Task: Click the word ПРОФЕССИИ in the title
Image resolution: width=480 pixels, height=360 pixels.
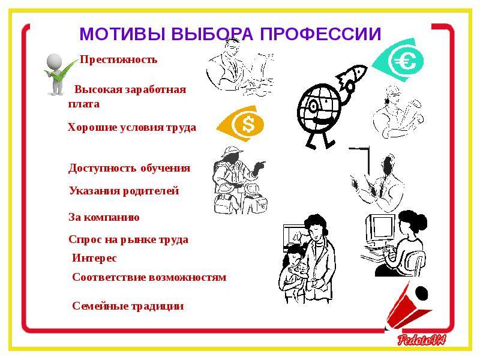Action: pos(320,34)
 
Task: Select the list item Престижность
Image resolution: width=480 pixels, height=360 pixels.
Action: pos(118,59)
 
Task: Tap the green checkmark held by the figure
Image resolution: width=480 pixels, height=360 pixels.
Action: pos(61,72)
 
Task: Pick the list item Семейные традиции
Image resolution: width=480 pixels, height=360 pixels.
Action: pos(128,306)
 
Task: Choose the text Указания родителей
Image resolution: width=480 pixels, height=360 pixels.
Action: pos(124,191)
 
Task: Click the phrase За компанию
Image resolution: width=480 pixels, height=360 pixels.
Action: pos(104,217)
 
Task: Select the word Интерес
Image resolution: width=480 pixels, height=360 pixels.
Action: pos(94,258)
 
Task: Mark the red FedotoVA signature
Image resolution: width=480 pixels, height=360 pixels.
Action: pos(422,340)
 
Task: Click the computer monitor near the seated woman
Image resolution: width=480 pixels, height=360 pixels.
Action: pos(380,228)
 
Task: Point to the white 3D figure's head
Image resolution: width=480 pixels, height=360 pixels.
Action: pos(54,61)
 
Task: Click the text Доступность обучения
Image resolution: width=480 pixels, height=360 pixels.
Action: pos(129,168)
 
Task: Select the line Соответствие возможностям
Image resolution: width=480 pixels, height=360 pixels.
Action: pos(149,277)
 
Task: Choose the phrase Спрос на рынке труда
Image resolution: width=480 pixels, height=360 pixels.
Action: pos(128,239)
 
